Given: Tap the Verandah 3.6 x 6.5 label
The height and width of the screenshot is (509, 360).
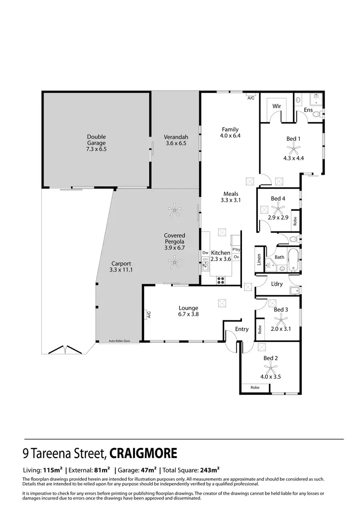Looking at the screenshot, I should coord(175,140).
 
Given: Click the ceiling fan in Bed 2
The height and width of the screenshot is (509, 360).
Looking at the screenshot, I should coord(271,368).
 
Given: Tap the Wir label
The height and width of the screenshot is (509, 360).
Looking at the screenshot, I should coord(276,106).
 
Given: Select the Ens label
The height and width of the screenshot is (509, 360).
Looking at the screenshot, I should coord(308,110).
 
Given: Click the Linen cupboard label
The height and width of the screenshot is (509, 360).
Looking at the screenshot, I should coord(259,259).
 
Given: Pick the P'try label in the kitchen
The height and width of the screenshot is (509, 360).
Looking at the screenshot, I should coord(236,250).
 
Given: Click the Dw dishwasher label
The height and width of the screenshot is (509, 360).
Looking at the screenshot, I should coord(204,253).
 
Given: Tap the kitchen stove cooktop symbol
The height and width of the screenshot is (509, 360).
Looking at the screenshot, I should coord(222,280).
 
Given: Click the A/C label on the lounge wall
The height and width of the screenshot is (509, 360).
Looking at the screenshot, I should coord(149,315).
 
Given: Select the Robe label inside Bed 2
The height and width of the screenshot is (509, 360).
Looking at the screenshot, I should coord(254,387).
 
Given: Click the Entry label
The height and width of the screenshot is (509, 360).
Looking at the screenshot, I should coord(242,329).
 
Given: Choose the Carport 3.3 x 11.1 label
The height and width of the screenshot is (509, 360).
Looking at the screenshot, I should coord(120,267).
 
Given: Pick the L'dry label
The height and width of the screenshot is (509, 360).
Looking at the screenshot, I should coord(277,284).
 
